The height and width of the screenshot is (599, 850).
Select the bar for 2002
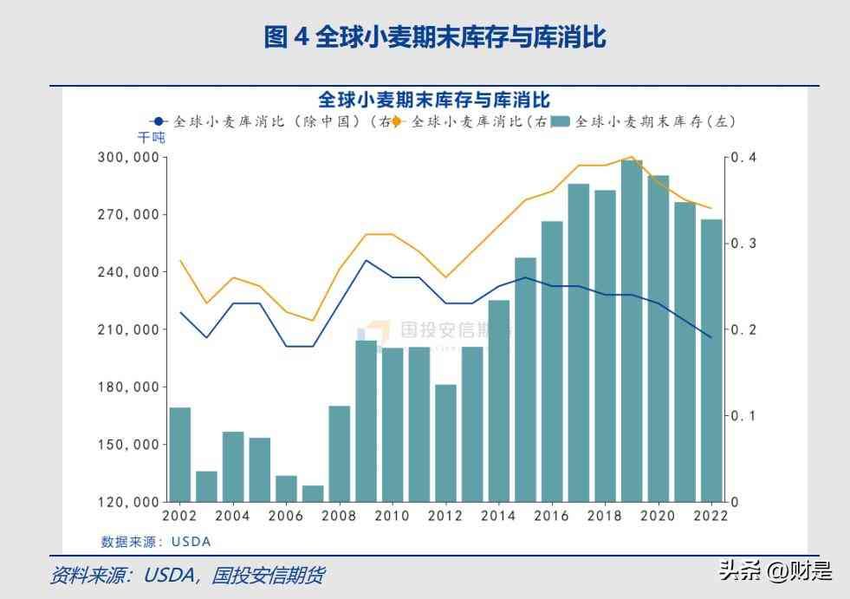coord(180,454)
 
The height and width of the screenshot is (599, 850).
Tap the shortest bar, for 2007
coord(313,493)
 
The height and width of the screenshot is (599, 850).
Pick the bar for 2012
coord(445,443)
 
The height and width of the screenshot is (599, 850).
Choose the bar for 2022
coord(711,361)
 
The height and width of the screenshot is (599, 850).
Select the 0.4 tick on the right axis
coord(743,158)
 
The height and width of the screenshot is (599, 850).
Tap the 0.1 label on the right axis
coord(743,415)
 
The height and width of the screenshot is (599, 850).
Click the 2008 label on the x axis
coord(339,516)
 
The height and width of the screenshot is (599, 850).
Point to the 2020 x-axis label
coord(658,516)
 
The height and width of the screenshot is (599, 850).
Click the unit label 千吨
coord(151,138)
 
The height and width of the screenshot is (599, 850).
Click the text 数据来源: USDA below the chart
coord(156,542)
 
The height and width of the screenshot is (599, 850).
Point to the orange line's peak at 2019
coord(632,157)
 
